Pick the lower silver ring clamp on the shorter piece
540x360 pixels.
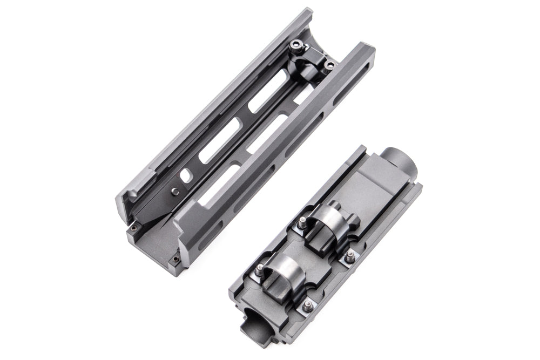[x=282, y=269]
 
